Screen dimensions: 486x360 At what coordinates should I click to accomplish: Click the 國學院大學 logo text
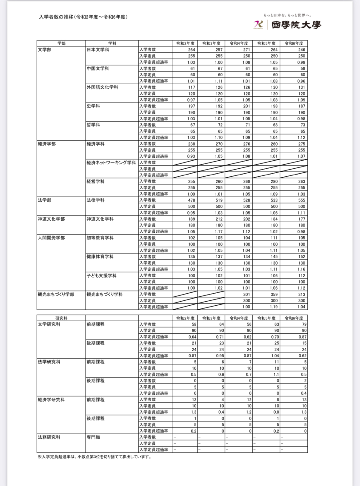296,25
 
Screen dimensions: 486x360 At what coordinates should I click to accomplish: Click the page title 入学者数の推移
83,17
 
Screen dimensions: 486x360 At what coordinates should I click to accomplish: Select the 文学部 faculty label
45,50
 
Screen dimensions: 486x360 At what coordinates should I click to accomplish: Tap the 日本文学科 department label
98,50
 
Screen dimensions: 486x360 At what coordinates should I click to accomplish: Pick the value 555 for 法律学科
301,200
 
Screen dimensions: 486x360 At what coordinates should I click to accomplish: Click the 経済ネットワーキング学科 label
111,163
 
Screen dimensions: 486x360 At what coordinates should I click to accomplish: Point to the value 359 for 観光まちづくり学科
274,294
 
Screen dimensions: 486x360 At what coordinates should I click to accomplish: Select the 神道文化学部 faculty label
51,219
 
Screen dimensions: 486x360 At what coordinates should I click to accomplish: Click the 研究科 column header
61,318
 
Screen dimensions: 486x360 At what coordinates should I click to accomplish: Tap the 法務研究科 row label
49,437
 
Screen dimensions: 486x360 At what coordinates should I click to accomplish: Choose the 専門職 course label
94,437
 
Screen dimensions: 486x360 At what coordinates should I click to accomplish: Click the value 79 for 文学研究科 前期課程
304,324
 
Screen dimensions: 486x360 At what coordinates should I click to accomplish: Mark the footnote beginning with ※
94,457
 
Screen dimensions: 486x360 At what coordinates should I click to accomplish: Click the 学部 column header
61,43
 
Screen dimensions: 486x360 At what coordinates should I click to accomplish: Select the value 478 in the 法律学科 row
191,200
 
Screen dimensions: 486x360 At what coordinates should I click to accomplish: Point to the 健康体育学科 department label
100,256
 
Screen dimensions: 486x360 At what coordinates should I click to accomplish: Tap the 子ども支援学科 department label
102,275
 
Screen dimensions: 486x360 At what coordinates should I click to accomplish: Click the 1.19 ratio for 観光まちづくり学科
274,307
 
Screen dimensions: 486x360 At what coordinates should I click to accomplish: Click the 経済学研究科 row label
51,400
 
